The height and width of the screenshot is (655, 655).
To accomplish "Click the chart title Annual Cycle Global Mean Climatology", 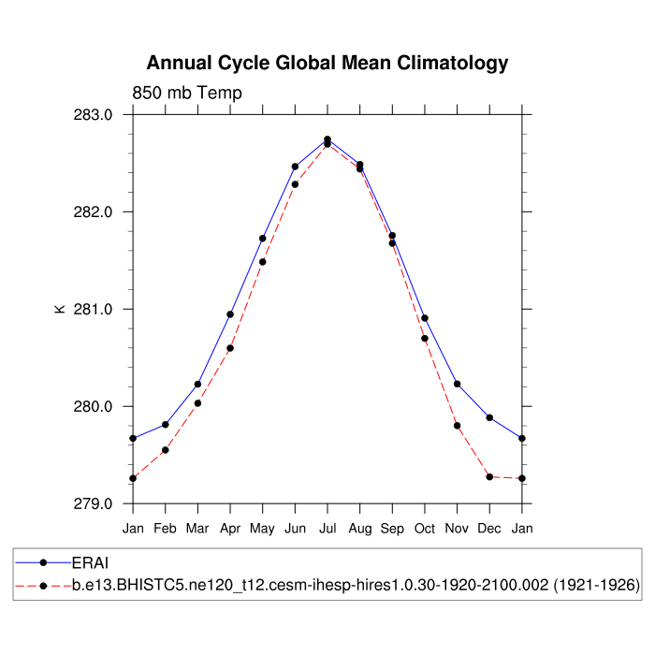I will (327, 64).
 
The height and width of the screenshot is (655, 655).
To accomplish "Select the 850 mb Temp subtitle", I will (187, 93).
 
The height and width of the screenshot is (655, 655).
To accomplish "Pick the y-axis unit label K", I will (60, 308).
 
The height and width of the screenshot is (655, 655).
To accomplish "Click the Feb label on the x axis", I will (165, 529).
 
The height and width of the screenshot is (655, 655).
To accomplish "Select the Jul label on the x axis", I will (327, 529).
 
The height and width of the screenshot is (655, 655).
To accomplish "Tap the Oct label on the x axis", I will (425, 529).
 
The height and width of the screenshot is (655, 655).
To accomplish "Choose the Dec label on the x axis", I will (489, 529).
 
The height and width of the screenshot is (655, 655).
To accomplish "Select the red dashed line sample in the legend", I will (43, 585).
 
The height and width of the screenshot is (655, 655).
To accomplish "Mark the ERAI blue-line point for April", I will (230, 314).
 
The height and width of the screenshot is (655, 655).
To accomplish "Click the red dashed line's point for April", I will (230, 348).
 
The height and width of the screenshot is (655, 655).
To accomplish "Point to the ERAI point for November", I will (458, 384).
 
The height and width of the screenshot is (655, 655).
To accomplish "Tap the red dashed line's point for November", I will (458, 426).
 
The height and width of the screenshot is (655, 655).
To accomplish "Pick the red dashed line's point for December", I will (489, 477).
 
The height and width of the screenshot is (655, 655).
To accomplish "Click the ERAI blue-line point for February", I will (166, 425).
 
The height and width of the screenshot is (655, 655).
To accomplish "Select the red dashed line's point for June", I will (295, 184).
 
